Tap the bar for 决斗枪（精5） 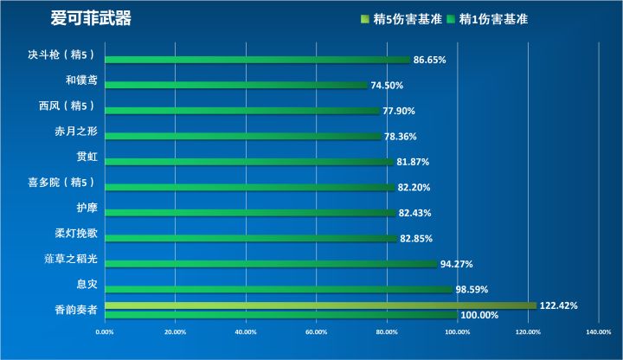coord(257,60)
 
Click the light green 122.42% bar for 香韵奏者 coord(320,305)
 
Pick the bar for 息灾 coord(279,289)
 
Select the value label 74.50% coord(387,86)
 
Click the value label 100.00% coord(479,316)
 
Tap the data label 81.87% coord(413,162)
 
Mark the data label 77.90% coord(399,111)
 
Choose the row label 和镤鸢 coord(82,80)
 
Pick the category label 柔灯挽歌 coord(75,234)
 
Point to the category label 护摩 coord(87,208)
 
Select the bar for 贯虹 coord(249,162)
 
